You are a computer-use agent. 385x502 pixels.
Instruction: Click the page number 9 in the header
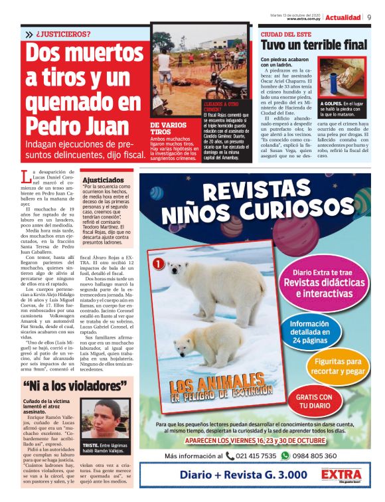coord(368,17)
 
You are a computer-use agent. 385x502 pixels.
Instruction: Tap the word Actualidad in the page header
coord(343,17)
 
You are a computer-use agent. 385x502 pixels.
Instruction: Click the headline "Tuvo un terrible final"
coord(313,45)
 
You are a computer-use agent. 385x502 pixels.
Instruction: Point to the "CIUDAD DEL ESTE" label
coord(285,33)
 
